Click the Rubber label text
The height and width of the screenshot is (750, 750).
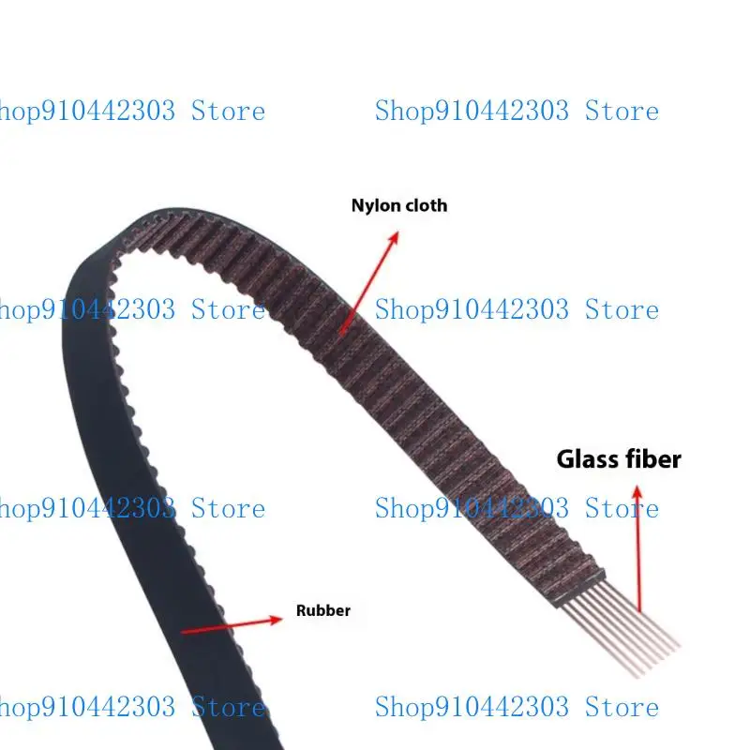pos(323,610)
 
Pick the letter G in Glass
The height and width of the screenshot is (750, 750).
pos(566,459)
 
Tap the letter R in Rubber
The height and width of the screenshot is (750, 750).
pos(301,611)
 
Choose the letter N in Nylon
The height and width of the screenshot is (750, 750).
pos(357,205)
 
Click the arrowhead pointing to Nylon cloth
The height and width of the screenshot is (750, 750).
pos(394,238)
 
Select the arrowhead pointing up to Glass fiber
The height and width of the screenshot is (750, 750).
pos(637,492)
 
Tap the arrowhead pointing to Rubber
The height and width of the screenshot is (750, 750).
pos(276,620)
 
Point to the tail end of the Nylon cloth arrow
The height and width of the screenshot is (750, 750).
pos(340,334)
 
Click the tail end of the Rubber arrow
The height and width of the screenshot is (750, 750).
pos(182,632)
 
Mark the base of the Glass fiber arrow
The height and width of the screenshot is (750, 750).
pos(640,611)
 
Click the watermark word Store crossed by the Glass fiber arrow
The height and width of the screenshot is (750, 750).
pos(622,508)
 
